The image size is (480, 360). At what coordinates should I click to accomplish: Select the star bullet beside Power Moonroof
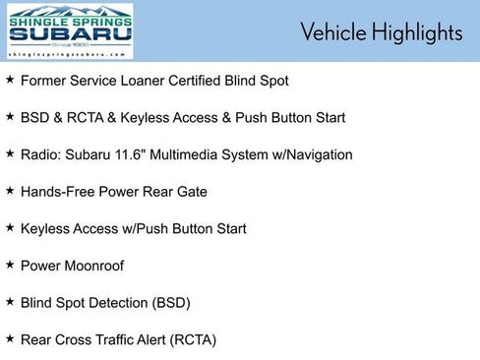tap(10, 265)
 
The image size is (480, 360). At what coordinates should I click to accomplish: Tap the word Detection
tap(110, 303)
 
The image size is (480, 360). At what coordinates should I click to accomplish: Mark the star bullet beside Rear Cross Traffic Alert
tap(10, 338)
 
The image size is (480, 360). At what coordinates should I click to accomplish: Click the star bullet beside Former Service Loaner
tap(10, 80)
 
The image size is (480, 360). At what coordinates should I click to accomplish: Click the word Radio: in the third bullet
tap(40, 154)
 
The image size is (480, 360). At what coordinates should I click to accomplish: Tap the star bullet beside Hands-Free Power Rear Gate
tap(10, 191)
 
